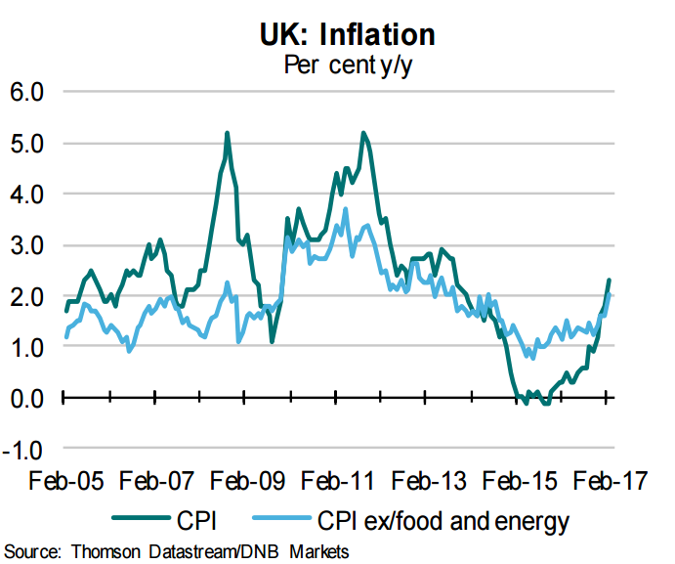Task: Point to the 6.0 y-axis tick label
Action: click(x=27, y=93)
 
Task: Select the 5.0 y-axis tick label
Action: click(x=27, y=144)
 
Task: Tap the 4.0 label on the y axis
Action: click(x=27, y=195)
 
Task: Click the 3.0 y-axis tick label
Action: click(x=27, y=245)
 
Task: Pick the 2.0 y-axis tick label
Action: click(x=27, y=296)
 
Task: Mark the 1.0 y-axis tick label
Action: click(x=27, y=347)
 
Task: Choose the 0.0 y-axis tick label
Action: click(x=27, y=398)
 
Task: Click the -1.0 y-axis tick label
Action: click(x=23, y=450)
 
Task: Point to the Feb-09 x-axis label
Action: click(x=246, y=482)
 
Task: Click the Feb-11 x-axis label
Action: click(x=339, y=482)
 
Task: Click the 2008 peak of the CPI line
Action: click(x=227, y=133)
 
